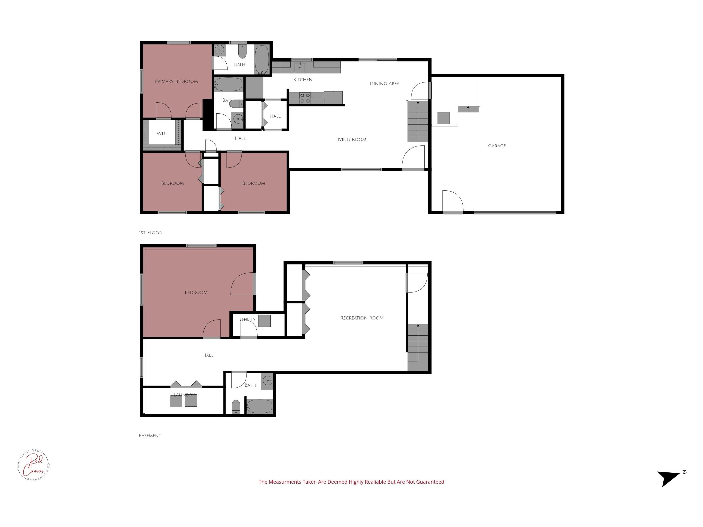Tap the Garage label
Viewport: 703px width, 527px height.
pos(497,146)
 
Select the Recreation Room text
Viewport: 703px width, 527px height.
pos(362,318)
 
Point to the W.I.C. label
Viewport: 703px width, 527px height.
pos(162,134)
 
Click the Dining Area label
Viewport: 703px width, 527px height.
pos(385,84)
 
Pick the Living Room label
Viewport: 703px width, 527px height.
pos(351,139)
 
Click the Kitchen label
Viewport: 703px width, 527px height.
pos(303,80)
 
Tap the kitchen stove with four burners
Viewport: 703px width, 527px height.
pos(305,98)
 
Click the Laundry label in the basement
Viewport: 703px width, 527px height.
pos(184,395)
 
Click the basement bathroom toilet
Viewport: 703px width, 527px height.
pos(236,406)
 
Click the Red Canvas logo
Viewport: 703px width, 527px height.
pos(33,465)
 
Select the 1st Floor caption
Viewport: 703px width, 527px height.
pos(151,233)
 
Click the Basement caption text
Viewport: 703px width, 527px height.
pos(150,435)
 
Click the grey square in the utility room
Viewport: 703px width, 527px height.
pos(264,321)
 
